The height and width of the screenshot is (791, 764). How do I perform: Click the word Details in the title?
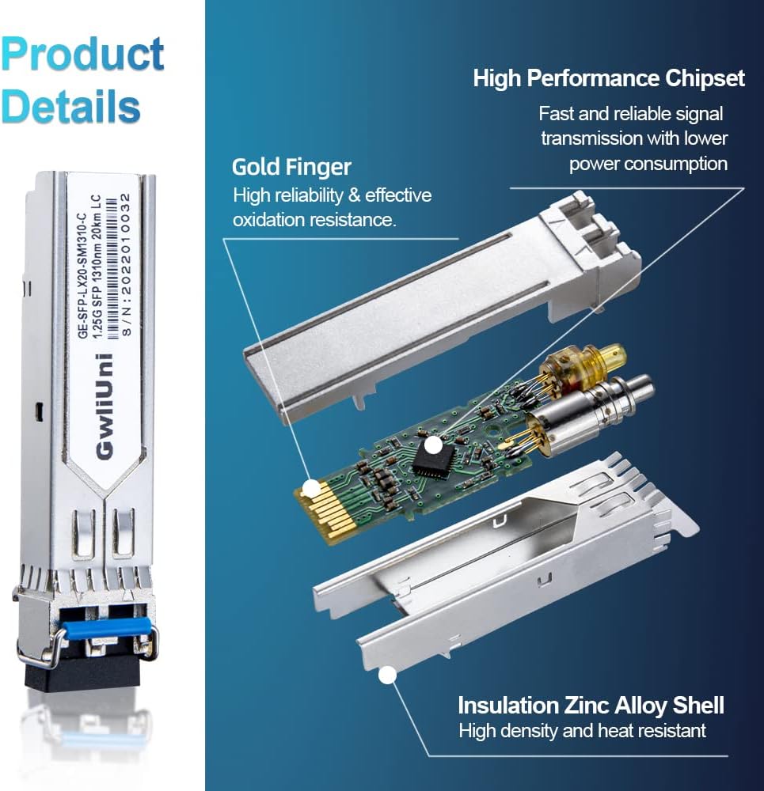click(70, 106)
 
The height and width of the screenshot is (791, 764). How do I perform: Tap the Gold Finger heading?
click(291, 168)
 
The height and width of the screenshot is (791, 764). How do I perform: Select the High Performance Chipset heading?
click(609, 78)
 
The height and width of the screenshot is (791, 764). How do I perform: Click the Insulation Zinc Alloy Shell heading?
click(591, 705)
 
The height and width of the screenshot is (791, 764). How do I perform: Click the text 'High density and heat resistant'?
click(582, 731)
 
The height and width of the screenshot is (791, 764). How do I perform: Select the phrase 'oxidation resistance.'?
click(314, 220)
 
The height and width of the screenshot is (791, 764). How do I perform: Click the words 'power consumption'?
click(648, 164)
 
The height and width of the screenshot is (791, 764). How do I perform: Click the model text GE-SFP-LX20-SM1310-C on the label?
click(82, 269)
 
